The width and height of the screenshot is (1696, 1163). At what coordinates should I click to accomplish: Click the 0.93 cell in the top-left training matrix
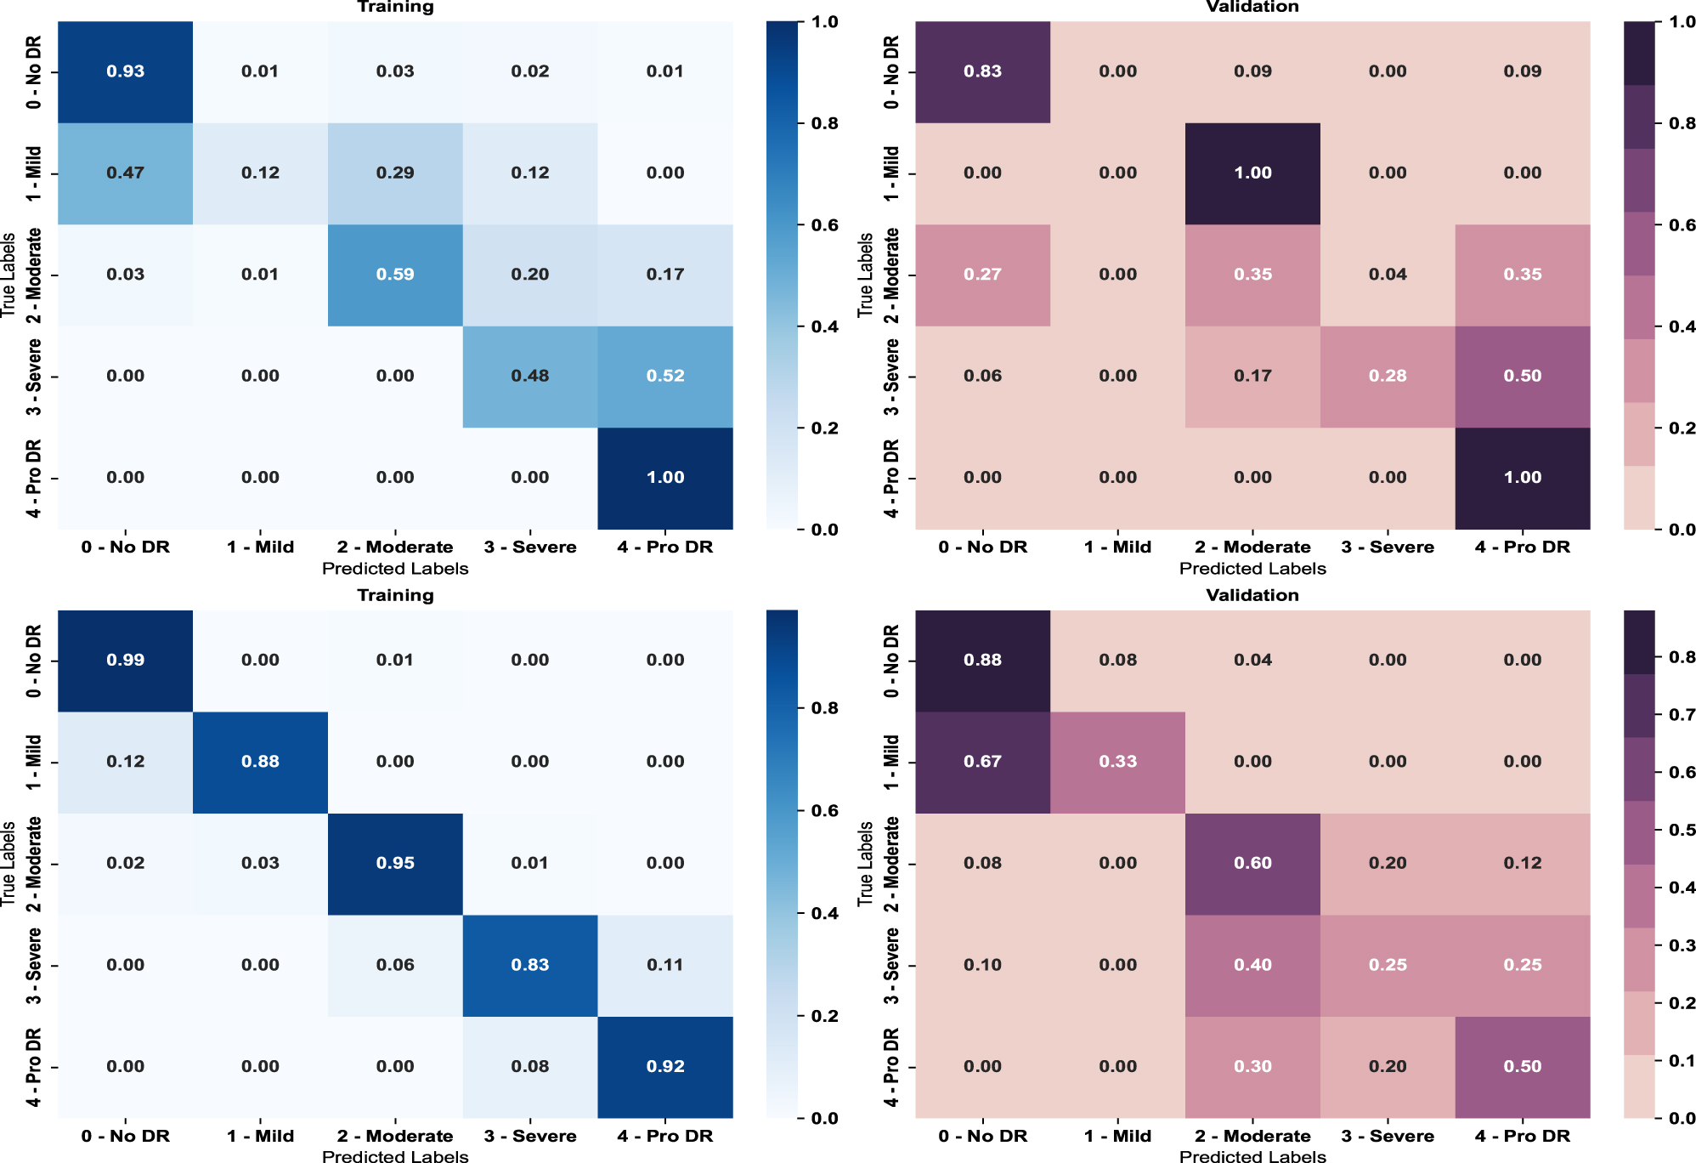[125, 71]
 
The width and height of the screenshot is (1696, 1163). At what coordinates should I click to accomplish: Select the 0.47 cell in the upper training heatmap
[125, 173]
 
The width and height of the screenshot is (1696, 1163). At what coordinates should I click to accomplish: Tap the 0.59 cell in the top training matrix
[395, 275]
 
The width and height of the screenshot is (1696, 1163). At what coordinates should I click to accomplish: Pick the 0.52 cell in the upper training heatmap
[664, 376]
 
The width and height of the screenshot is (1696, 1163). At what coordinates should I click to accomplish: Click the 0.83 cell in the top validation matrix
[982, 71]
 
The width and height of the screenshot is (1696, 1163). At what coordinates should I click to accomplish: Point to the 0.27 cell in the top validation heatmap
[982, 275]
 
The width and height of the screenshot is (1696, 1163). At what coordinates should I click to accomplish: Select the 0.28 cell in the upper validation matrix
[1387, 376]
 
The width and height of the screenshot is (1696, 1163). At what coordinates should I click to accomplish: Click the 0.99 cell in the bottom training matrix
[125, 661]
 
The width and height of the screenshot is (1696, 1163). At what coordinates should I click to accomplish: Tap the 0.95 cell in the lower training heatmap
[395, 864]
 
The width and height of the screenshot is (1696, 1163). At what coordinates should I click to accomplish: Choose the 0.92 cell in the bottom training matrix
[664, 1067]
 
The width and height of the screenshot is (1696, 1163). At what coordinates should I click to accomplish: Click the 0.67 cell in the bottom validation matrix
[982, 762]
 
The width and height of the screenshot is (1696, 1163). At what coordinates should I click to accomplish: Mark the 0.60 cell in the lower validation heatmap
[1252, 864]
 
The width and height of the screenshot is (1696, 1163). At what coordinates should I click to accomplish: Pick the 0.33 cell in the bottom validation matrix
[1117, 762]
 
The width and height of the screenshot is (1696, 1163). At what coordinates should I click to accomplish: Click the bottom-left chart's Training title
[395, 595]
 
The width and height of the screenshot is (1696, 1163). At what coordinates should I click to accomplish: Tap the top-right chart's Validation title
[1252, 7]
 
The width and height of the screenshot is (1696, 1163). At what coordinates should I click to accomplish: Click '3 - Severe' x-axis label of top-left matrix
[530, 547]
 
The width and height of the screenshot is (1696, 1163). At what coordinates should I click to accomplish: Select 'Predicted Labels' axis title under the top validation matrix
[1252, 568]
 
